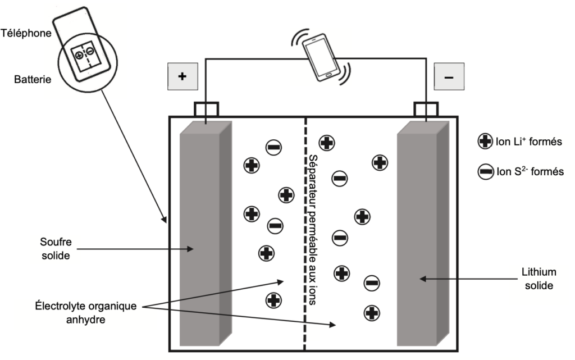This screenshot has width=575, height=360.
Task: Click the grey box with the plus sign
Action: (182, 76)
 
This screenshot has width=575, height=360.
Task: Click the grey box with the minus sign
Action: (449, 76)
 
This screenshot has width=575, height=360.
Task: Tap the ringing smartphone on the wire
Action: (321, 57)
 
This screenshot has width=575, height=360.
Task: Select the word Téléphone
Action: (26, 33)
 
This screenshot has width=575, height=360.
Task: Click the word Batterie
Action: (33, 79)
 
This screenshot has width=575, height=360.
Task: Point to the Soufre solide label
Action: (56, 249)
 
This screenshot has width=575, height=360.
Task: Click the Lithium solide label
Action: (539, 279)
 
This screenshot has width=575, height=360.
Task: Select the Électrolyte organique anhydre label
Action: (86, 312)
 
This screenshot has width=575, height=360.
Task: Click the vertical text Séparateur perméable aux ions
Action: (312, 230)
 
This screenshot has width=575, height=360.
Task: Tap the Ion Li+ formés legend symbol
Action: (485, 141)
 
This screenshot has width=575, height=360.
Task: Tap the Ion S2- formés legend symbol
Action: (485, 171)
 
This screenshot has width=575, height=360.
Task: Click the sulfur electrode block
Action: (206, 234)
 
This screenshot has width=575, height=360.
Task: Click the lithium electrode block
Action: (423, 234)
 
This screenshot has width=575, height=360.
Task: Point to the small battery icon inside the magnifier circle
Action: (85, 58)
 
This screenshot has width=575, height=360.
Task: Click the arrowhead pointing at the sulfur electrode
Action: (190, 249)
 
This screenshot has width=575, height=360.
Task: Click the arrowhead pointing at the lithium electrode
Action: (423, 279)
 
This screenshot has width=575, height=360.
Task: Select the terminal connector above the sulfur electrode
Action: (206, 110)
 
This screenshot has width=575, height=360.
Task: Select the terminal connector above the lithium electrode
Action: (426, 110)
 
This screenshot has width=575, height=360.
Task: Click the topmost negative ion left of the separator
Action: (273, 147)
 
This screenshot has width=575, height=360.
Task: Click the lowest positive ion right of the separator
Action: (372, 313)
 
